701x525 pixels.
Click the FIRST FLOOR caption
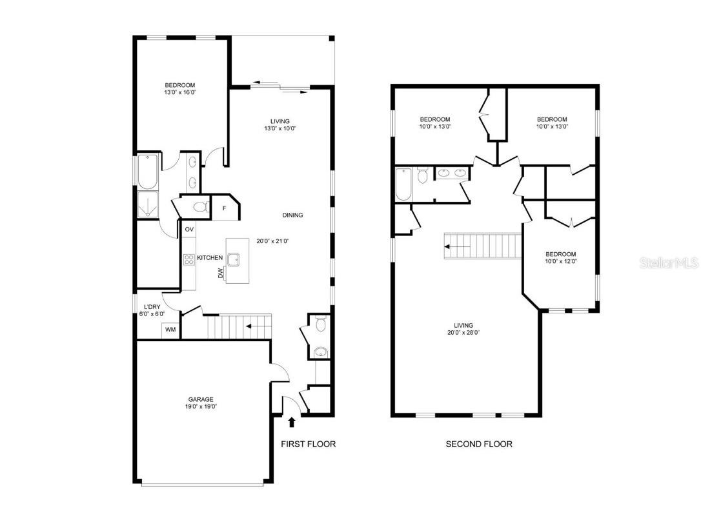pos(308,444)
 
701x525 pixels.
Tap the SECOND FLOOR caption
pos(479,444)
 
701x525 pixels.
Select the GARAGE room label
pos(201,399)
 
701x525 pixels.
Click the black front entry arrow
pos(292,422)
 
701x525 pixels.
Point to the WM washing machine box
pos(170,330)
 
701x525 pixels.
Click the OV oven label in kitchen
pos(189,230)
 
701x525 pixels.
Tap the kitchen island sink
pos(234,259)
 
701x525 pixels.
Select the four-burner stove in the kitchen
pos(189,259)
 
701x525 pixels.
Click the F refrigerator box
pos(224,208)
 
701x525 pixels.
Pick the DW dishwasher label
pos(221,274)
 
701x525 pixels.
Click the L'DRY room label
pos(152,306)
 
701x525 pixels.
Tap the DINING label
pos(292,215)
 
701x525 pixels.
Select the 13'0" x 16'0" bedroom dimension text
pos(180,92)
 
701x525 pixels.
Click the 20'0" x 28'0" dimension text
pos(463,333)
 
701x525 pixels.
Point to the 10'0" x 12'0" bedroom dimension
pos(560,261)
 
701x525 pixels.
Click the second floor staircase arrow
pos(456,246)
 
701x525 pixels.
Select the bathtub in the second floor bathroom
pos(403,184)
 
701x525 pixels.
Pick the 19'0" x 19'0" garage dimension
pos(201,407)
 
